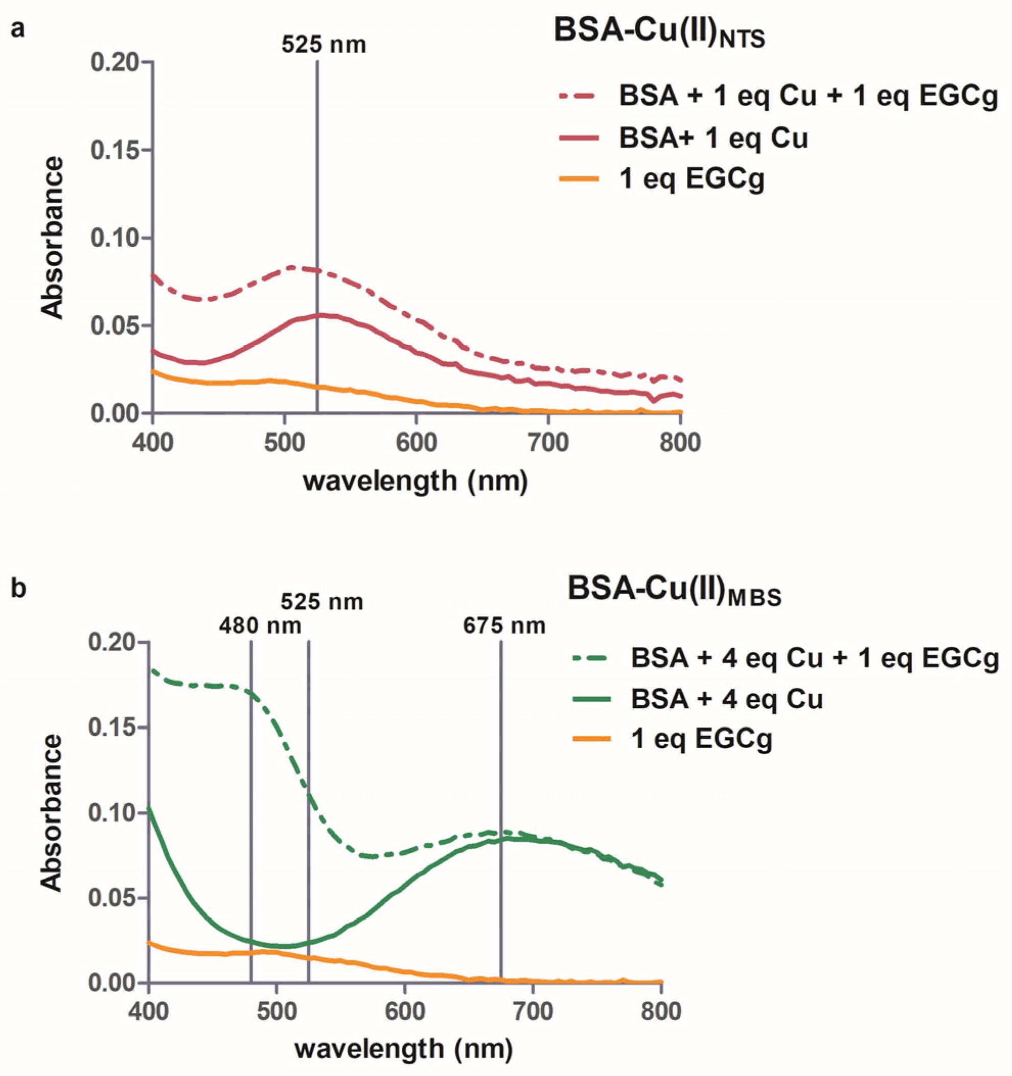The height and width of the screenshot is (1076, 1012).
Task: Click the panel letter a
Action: tap(17, 28)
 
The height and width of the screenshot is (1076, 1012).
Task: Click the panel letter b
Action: tap(18, 589)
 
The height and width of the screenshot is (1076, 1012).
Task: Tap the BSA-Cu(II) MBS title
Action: tap(674, 591)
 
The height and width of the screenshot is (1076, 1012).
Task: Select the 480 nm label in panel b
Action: tap(260, 626)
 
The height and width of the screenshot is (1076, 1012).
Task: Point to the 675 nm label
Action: tap(504, 626)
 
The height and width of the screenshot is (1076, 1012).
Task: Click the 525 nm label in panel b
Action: tap(321, 601)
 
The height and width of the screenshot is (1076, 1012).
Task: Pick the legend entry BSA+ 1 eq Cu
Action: tap(713, 138)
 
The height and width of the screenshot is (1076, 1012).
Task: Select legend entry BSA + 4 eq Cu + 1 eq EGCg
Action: tap(814, 659)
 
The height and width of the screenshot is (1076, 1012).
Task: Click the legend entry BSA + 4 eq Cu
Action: tap(726, 699)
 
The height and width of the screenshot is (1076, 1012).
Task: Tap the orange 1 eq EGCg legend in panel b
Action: tap(701, 739)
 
